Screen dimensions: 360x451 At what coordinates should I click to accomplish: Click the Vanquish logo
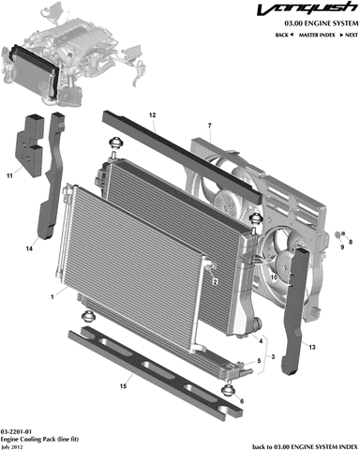click(307, 8)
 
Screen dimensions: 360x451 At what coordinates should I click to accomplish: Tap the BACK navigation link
click(284, 35)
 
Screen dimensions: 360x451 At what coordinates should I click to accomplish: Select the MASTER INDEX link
click(317, 35)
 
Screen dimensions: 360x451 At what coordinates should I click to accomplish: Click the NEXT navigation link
click(349, 35)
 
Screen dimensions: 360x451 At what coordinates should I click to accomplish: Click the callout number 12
click(152, 115)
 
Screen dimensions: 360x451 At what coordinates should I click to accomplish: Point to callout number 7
click(210, 126)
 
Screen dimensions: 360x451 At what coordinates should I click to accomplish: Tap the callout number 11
click(10, 176)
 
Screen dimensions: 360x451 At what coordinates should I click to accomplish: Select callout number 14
click(29, 248)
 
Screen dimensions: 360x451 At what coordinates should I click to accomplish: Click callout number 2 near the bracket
click(215, 282)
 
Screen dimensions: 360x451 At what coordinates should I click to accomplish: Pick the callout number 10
click(274, 277)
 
